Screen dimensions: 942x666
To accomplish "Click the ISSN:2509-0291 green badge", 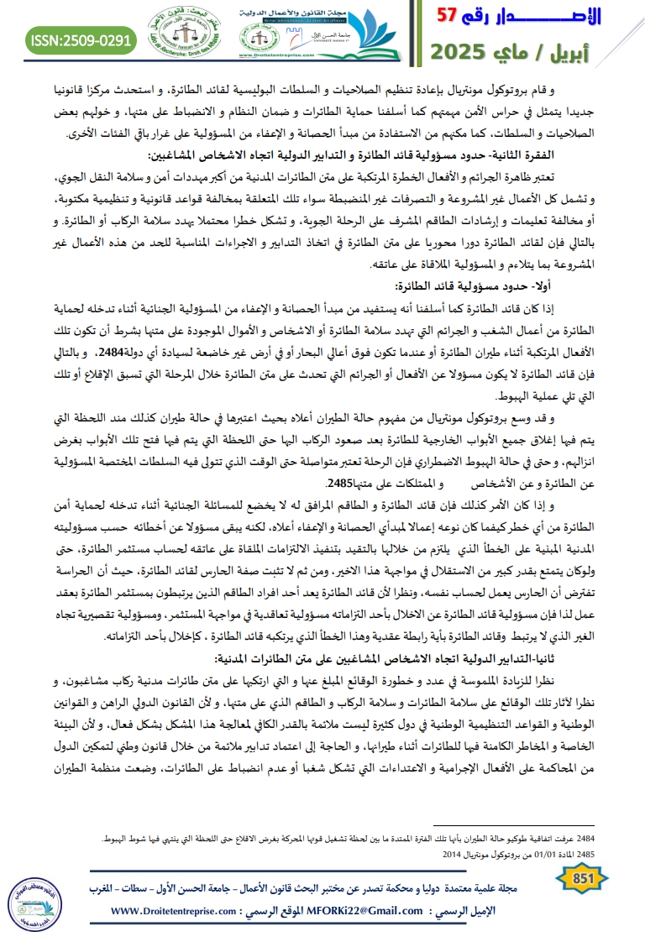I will pos(81,39).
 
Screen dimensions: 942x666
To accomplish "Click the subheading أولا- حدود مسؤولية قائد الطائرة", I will pos(486,285).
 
